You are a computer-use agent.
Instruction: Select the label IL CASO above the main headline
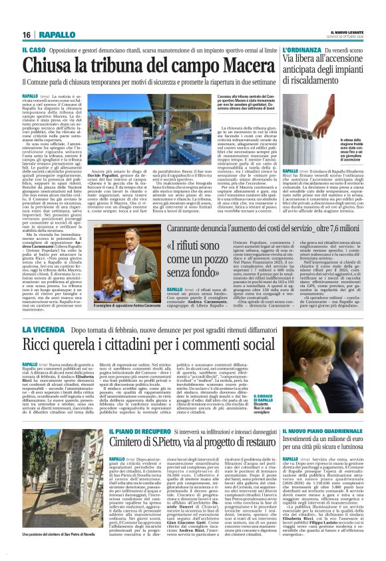tap(35, 50)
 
